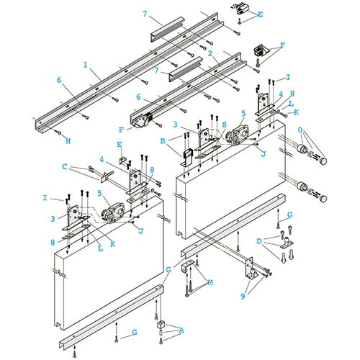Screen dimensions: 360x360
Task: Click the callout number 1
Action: coord(86,65)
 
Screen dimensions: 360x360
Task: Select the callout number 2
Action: coord(210,54)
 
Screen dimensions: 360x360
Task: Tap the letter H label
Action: coord(68,141)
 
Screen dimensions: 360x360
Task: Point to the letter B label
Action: coord(163,141)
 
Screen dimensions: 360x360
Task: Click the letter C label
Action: coord(65,166)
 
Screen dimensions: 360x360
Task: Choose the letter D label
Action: coord(259,241)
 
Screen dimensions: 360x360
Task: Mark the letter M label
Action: coord(210,282)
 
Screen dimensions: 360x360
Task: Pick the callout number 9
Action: coord(243,297)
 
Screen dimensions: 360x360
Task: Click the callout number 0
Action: coord(300,130)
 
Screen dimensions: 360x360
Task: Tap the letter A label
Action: coord(181,330)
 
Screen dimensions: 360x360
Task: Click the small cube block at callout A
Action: coord(161,325)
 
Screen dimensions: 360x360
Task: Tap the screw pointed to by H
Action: coord(58,132)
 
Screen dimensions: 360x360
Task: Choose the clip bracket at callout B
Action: coord(186,158)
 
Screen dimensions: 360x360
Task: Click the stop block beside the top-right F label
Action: coord(260,51)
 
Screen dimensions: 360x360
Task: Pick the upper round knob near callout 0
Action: coord(323,161)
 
